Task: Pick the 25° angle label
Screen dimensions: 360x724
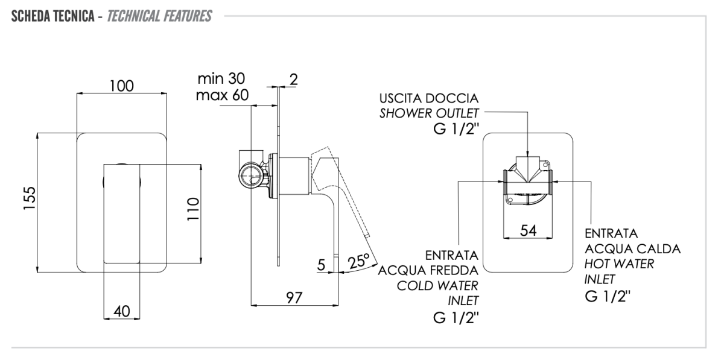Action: click(x=361, y=262)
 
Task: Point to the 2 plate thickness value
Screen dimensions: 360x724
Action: click(x=294, y=78)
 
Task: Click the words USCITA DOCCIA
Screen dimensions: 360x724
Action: click(x=429, y=98)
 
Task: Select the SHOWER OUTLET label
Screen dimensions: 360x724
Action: click(x=429, y=112)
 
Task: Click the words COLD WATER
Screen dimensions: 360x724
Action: click(x=438, y=285)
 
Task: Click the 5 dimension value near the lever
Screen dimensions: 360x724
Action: click(x=321, y=263)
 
